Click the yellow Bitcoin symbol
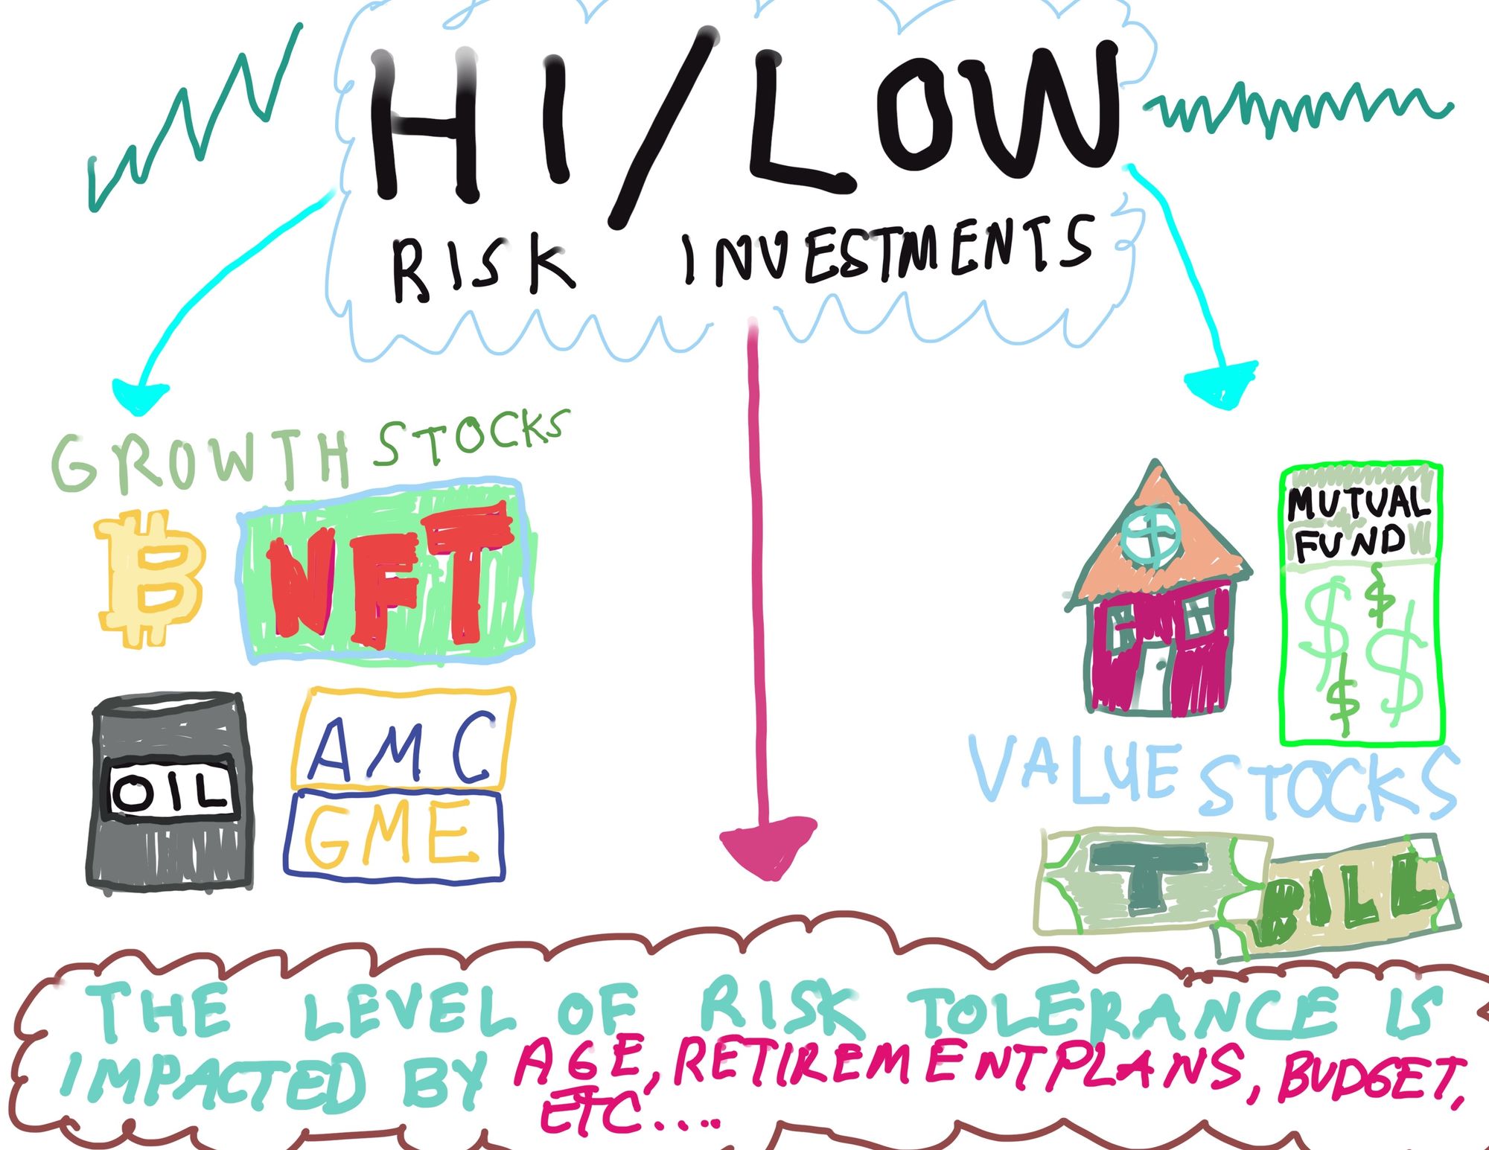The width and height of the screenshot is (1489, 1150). click(x=149, y=578)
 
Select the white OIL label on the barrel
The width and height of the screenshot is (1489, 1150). click(x=172, y=790)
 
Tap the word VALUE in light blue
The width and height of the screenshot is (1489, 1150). click(x=1075, y=771)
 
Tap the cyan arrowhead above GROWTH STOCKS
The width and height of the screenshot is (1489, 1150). click(x=139, y=395)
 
